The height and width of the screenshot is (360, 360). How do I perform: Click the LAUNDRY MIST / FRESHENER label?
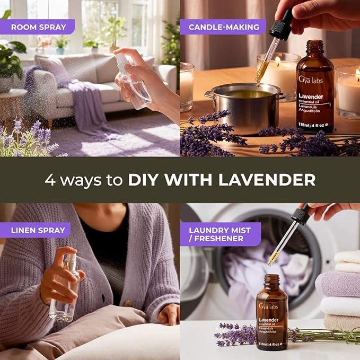219,234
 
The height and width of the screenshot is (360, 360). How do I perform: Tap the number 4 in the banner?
50,180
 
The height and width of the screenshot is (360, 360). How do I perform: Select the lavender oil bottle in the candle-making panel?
314,90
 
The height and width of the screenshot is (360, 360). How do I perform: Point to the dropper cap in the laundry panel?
301,215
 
